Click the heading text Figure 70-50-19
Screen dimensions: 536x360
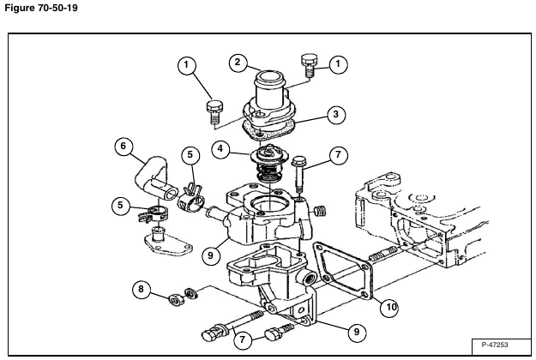pyautogui.click(x=41, y=8)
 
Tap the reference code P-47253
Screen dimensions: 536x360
pyautogui.click(x=495, y=345)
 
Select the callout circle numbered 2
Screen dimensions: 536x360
pyautogui.click(x=238, y=63)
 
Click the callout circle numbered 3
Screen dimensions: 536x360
pyautogui.click(x=335, y=114)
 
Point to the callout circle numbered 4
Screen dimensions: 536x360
pyautogui.click(x=220, y=149)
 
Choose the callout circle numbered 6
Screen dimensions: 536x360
pyautogui.click(x=123, y=147)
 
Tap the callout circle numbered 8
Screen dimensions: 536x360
pyautogui.click(x=142, y=290)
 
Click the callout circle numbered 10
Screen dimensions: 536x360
pyautogui.click(x=390, y=307)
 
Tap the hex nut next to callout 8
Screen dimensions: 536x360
pyautogui.click(x=177, y=300)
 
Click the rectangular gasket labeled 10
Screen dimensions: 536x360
pyautogui.click(x=343, y=271)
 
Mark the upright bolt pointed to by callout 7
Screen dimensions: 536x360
pyautogui.click(x=299, y=175)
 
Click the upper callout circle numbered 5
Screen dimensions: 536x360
pyautogui.click(x=190, y=155)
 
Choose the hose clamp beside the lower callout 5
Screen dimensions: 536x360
pyautogui.click(x=153, y=214)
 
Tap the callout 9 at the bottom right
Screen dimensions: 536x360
pyautogui.click(x=357, y=332)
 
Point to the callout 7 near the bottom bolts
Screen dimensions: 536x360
pyautogui.click(x=243, y=340)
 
